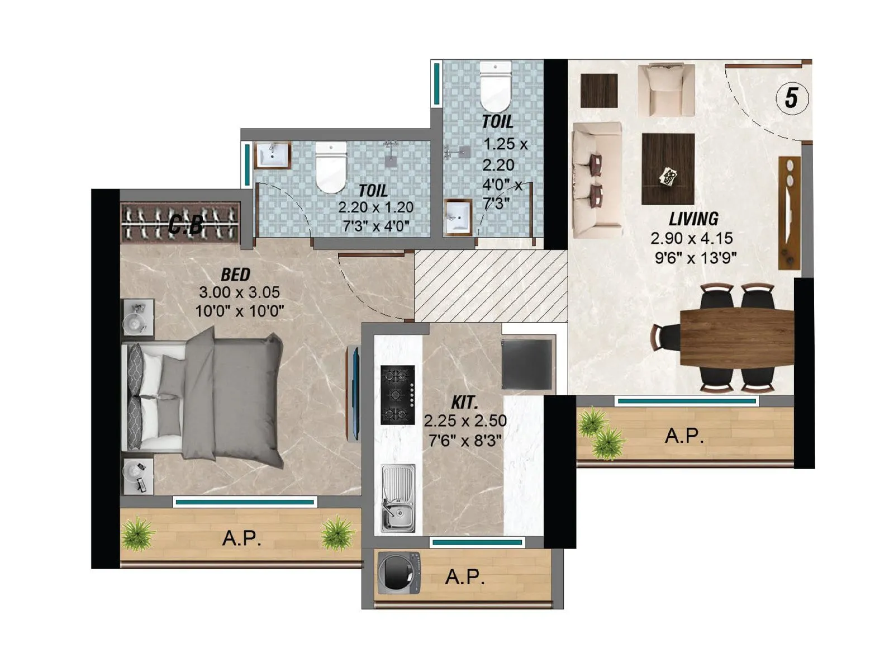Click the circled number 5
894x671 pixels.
pos(791,98)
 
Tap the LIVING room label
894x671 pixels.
pos(693,219)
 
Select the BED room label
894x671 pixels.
pos(235,275)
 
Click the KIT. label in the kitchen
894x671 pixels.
pos(464,402)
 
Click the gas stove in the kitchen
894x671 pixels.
pos(397,395)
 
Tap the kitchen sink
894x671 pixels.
pos(398,498)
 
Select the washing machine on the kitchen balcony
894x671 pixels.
pos(398,573)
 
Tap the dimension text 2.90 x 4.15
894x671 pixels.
pos(691,239)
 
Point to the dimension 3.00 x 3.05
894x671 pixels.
pos(239,292)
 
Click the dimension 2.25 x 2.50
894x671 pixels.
pos(465,421)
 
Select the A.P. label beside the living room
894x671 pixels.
pos(684,436)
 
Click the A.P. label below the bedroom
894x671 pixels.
pos(241,538)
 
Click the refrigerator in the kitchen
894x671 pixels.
pos(527,363)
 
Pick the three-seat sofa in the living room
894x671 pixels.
pos(597,179)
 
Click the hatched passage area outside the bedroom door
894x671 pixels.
pos(491,286)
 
